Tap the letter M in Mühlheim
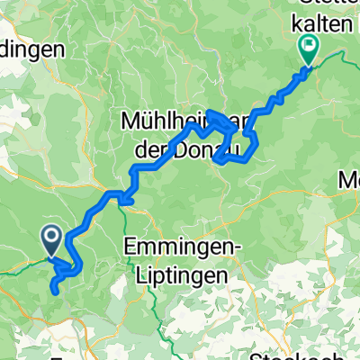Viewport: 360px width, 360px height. [x=129, y=120]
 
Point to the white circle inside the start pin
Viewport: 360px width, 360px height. [x=50, y=237]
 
